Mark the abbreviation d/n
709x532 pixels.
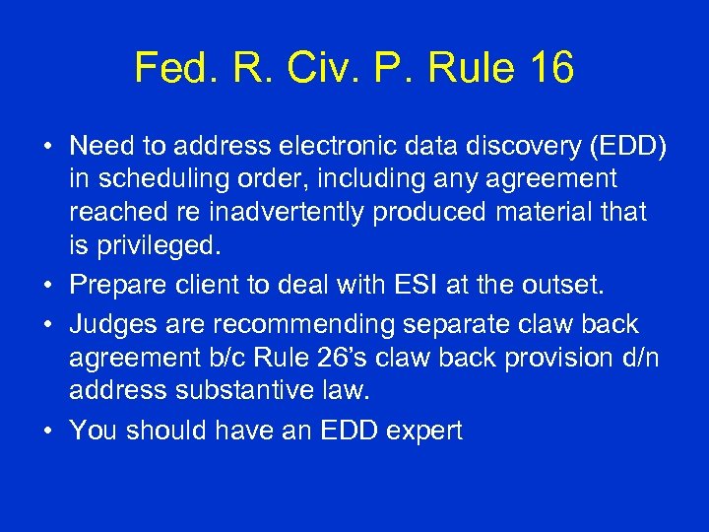638,356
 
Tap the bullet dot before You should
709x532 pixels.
48,432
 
